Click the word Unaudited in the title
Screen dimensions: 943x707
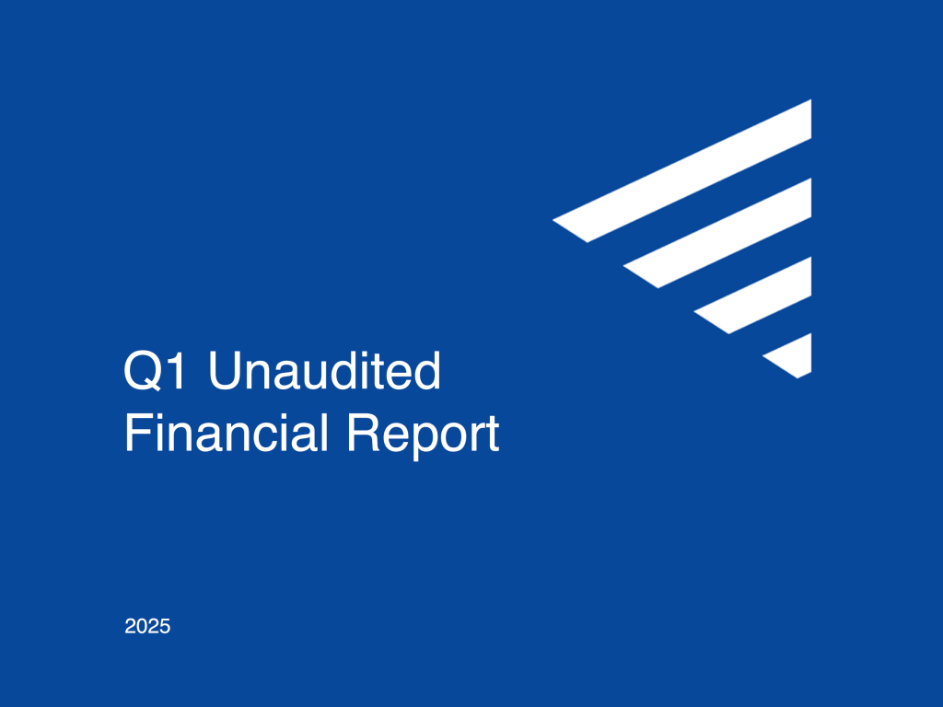pos(325,370)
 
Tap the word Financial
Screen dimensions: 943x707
pos(227,433)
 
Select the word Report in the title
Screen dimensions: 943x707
pos(423,436)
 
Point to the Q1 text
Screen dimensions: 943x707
pos(155,371)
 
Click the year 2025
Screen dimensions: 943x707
pos(147,626)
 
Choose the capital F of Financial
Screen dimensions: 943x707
pos(138,433)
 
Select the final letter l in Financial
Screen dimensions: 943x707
pos(325,433)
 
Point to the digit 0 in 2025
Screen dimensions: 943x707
pos(142,626)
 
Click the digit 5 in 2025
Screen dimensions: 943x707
pos(165,626)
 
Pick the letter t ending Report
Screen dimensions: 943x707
pos(494,435)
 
